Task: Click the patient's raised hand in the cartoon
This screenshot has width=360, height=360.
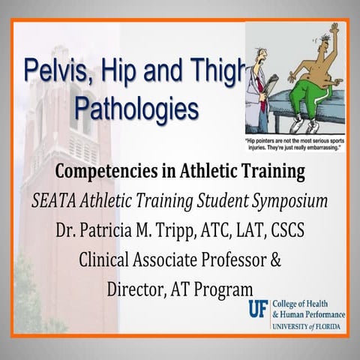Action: click(334, 29)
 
